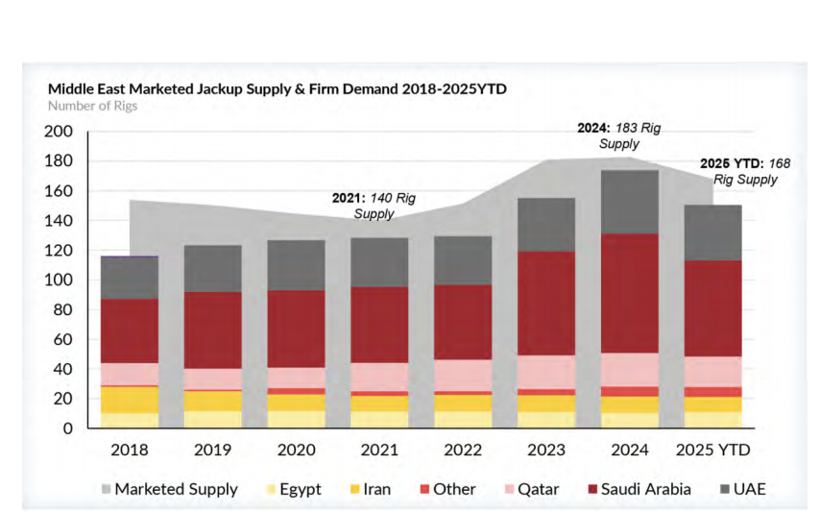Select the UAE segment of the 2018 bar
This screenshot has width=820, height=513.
point(130,278)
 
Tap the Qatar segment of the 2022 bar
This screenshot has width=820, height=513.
point(463,375)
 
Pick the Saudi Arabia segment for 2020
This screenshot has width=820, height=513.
point(296,329)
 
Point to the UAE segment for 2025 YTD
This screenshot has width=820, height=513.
point(712,232)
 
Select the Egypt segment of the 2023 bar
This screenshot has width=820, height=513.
point(546,420)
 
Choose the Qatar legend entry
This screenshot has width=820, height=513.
point(539,489)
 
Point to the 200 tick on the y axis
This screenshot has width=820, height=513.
point(60,132)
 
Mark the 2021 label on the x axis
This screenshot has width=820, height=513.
point(379,449)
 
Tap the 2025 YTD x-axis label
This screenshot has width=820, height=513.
point(712,449)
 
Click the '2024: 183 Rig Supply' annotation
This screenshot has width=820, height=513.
point(618,135)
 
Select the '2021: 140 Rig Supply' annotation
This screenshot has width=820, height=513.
point(377,206)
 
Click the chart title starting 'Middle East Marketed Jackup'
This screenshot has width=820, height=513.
point(277,89)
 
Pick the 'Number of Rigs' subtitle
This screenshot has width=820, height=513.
point(92,106)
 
